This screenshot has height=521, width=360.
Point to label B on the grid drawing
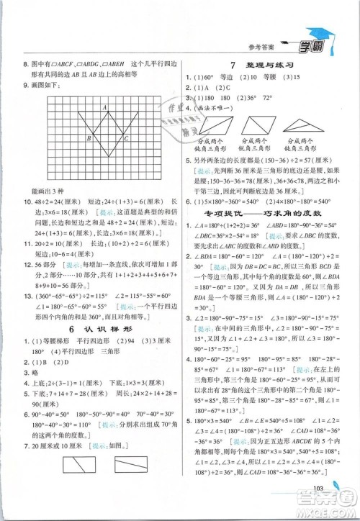[x=89, y=138]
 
